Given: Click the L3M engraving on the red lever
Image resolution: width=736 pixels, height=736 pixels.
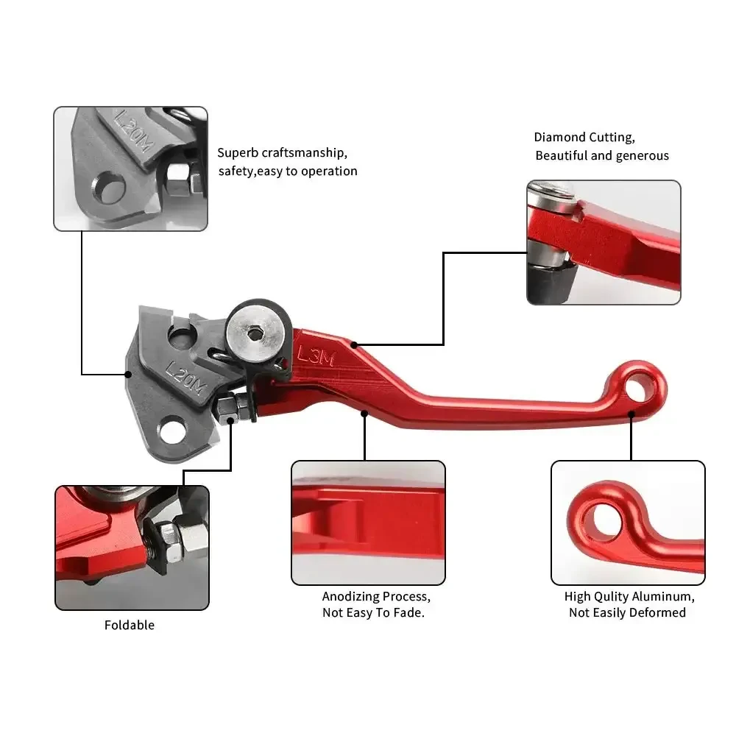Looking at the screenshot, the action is point(316,356).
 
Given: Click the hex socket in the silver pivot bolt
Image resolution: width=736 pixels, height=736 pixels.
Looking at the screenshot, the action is point(255,333).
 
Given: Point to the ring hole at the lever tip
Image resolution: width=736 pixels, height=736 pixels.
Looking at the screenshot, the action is point(637,386).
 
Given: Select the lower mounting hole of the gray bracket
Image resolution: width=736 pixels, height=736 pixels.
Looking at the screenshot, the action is point(172,431).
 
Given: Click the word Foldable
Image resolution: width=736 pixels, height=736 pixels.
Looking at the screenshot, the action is point(129,625).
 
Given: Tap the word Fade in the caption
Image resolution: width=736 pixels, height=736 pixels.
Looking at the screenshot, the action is point(409,612).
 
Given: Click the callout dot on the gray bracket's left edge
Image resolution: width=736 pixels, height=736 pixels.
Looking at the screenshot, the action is point(127,374).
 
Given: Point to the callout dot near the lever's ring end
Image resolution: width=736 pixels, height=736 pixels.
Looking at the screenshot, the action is point(631,414).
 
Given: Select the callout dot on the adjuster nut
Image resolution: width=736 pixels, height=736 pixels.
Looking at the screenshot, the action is point(230,420).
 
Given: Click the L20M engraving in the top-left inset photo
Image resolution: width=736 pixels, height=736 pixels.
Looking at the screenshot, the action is point(134,132).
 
